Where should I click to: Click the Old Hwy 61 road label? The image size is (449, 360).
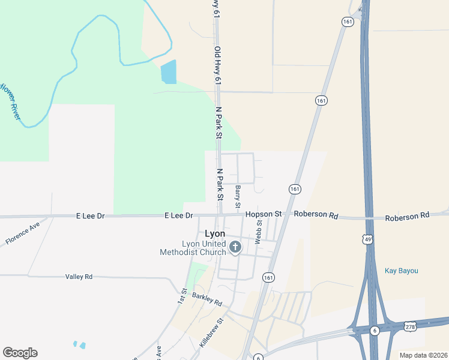click(218, 66)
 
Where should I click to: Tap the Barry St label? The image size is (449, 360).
click(238, 197)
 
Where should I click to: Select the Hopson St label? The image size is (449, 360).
click(263, 214)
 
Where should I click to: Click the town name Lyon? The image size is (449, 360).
click(215, 233)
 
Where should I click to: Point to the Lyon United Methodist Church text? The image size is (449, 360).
click(193, 248)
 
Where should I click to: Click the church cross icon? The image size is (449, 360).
click(235, 247)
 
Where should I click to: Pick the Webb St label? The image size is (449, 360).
click(259, 232)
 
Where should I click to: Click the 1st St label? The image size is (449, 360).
click(182, 295)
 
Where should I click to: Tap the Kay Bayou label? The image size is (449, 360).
click(401, 271)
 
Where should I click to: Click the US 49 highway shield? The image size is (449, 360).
click(367, 239)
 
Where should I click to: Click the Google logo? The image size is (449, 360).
click(20, 353)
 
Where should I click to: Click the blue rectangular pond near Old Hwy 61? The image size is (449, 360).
click(169, 72)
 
